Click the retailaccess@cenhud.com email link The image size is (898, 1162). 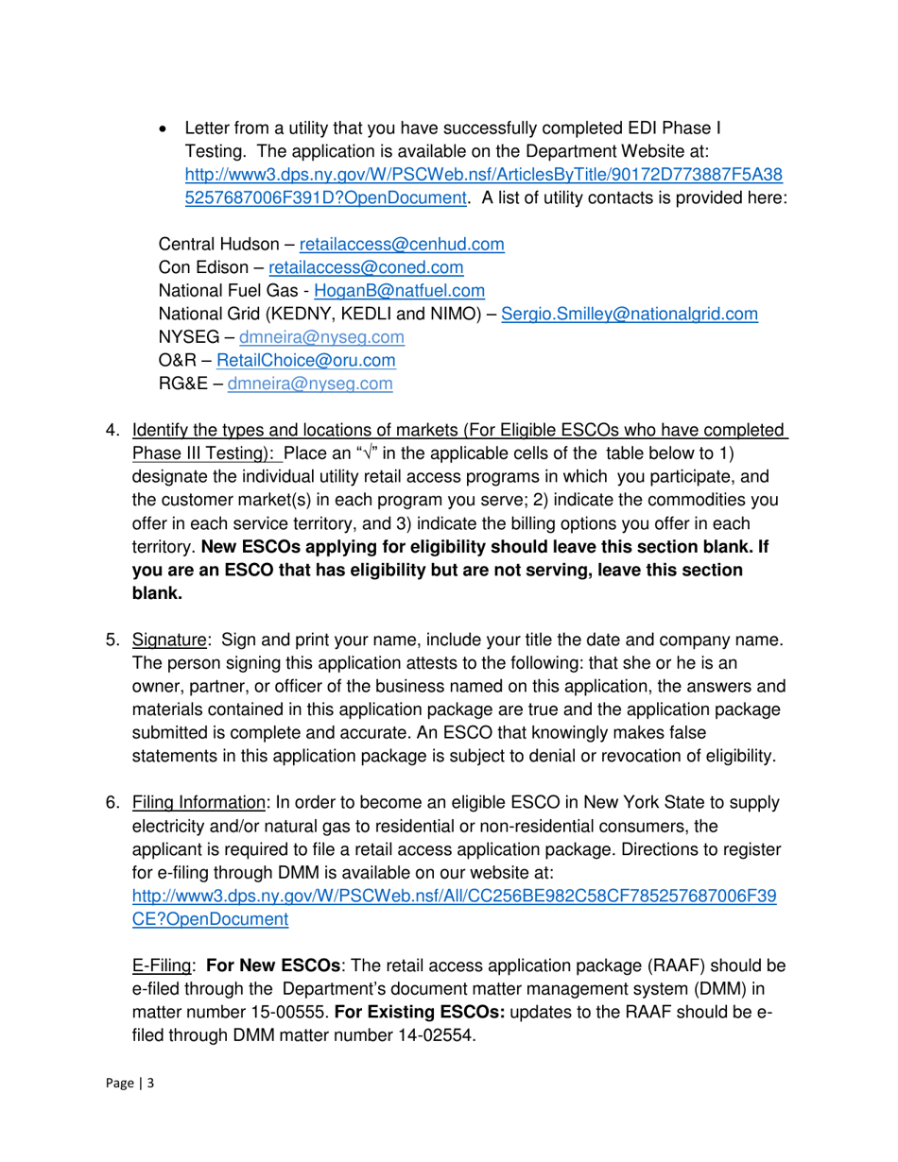coord(401,244)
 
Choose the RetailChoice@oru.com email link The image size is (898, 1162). coord(306,360)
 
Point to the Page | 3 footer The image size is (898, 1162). coord(129,1084)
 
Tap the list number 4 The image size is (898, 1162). coord(111,430)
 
